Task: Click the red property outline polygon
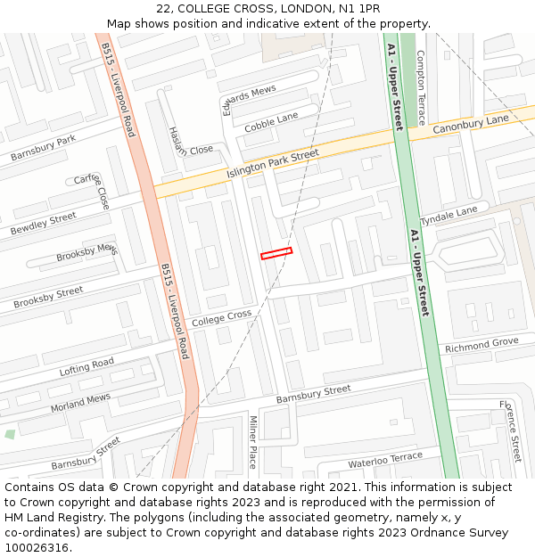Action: (x=276, y=254)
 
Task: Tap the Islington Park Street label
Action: (x=272, y=163)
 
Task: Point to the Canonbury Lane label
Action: (x=470, y=125)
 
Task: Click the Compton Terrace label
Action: (x=421, y=86)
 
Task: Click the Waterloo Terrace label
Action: (x=385, y=460)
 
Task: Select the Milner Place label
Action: (x=252, y=443)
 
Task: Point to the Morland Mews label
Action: (x=80, y=402)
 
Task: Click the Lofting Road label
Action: (x=86, y=366)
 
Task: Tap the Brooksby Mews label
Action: (x=86, y=252)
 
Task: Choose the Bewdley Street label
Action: (x=43, y=223)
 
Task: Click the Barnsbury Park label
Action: (x=43, y=149)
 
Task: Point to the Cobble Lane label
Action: (x=271, y=122)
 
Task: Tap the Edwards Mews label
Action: (x=249, y=100)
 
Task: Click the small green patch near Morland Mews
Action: (x=10, y=434)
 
